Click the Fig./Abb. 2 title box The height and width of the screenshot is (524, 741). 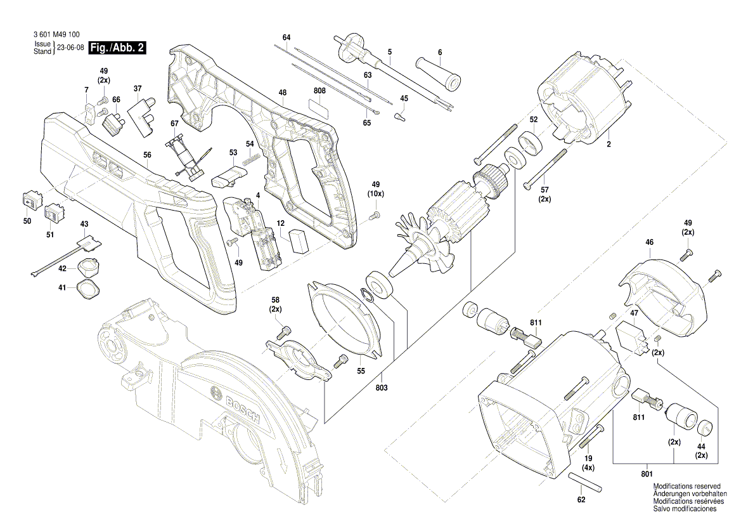point(118,48)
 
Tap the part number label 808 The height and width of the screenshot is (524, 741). point(320,91)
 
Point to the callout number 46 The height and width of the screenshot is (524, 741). point(649,242)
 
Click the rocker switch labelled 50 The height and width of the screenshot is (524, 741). point(30,200)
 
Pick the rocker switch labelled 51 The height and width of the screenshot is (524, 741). point(56,214)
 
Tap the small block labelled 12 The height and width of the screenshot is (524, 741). point(298,240)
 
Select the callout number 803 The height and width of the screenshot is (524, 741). point(382,388)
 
